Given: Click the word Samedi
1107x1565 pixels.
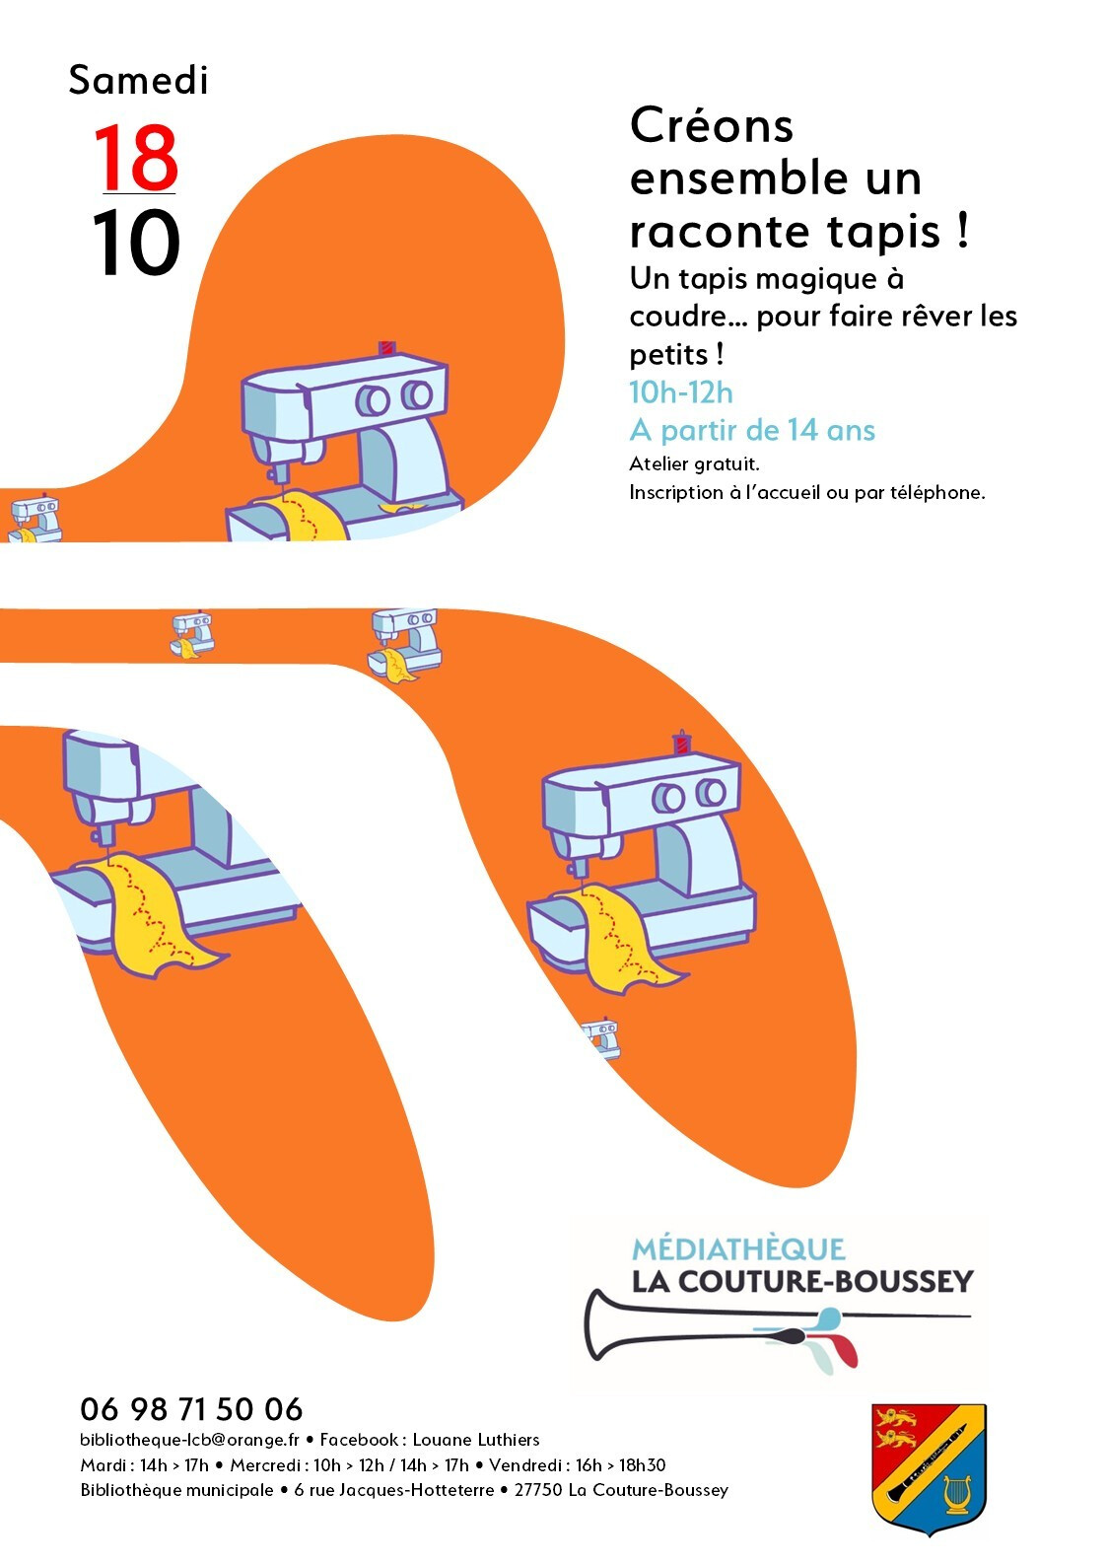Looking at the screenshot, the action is tap(138, 80).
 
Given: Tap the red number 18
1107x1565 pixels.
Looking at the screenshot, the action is tap(135, 158).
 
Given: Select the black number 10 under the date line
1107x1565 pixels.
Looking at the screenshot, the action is tap(135, 244).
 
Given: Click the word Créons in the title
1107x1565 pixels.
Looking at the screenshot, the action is tap(712, 126).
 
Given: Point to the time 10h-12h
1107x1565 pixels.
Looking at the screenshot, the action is tap(681, 392).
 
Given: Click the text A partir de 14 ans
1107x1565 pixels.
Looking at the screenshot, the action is tap(752, 430).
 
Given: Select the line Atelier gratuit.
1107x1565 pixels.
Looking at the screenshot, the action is tap(694, 463).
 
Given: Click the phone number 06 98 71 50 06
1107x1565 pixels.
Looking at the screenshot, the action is tap(191, 1410).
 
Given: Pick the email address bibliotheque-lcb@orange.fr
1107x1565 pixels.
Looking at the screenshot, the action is tap(190, 1440).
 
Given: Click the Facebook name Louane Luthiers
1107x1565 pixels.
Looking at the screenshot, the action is tap(476, 1440).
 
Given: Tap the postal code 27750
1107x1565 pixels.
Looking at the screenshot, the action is tap(538, 1490).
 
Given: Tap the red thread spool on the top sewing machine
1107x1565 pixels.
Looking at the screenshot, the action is tap(386, 348).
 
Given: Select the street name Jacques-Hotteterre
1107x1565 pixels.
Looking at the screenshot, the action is tap(417, 1490).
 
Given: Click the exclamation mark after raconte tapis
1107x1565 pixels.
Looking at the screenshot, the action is tap(963, 231).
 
